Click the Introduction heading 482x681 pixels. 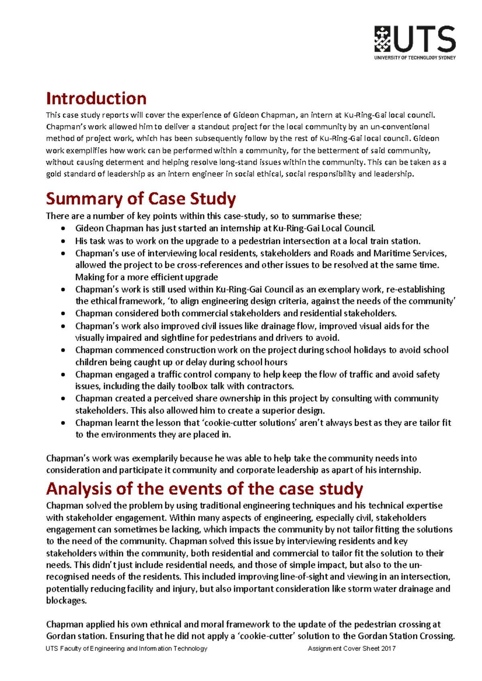pyautogui.click(x=96, y=99)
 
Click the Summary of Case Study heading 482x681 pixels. pyautogui.click(x=141, y=199)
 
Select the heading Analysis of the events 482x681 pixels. pyautogui.click(x=204, y=489)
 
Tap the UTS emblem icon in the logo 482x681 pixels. pyautogui.click(x=382, y=39)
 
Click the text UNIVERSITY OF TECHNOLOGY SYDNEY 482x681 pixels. pyautogui.click(x=415, y=58)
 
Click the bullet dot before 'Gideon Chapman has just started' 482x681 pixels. pyautogui.click(x=63, y=229)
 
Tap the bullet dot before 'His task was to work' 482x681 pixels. pyautogui.click(x=63, y=241)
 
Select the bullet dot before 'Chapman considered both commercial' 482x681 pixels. pyautogui.click(x=63, y=314)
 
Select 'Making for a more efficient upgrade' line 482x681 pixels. pyautogui.click(x=146, y=277)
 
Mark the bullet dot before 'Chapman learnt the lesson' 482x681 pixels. pyautogui.click(x=63, y=423)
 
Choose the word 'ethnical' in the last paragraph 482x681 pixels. pyautogui.click(x=165, y=624)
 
